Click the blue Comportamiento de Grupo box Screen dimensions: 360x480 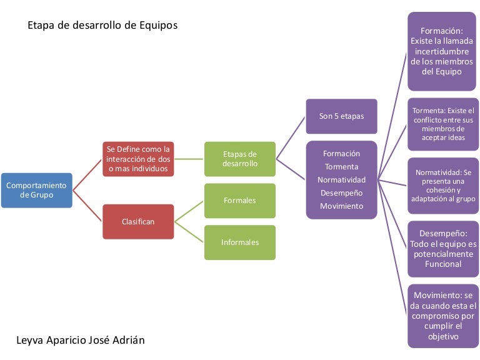36,190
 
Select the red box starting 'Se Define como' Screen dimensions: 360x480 138,159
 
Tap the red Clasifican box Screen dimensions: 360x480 138,221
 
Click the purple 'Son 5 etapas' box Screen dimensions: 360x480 341,116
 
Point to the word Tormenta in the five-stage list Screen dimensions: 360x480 341,167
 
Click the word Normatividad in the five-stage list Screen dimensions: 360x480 341,180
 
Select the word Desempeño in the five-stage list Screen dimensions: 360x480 341,193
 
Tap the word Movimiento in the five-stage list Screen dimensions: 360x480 341,206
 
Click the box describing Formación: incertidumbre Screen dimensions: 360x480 442,51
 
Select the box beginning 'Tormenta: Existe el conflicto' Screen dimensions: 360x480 443,124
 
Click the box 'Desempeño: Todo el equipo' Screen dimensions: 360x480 443,248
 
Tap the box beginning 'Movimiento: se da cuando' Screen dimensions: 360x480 443,315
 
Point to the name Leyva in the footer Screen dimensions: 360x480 30,341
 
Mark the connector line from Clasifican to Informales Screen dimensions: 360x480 189,232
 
